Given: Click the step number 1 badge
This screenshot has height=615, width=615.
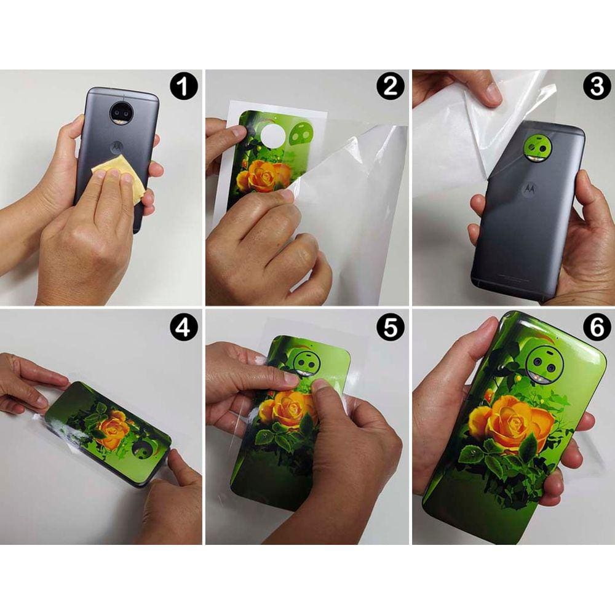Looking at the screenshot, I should click(184, 87).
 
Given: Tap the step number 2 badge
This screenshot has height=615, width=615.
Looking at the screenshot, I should click(391, 87).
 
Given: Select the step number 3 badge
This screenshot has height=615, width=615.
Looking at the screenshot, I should click(597, 87).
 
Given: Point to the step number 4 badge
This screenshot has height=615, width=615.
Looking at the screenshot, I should click(184, 328).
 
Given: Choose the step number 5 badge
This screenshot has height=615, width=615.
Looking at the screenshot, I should click(391, 328).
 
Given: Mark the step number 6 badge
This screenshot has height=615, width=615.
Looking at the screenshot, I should click(597, 328).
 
